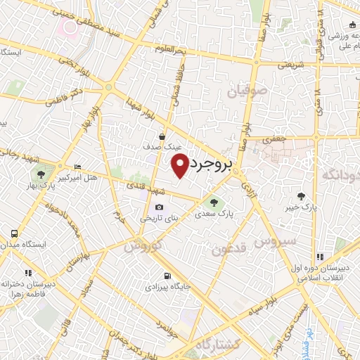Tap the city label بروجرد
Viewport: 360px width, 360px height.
(x=210, y=167)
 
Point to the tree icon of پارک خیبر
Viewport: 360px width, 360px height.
(x=302, y=196)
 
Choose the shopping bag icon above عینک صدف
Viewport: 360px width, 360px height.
(x=162, y=136)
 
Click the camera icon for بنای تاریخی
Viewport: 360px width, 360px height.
(x=159, y=207)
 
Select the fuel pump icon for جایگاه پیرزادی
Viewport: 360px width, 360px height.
(x=166, y=276)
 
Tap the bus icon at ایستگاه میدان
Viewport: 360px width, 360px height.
(x=13, y=233)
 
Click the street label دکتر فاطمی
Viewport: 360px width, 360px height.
(x=63, y=98)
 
